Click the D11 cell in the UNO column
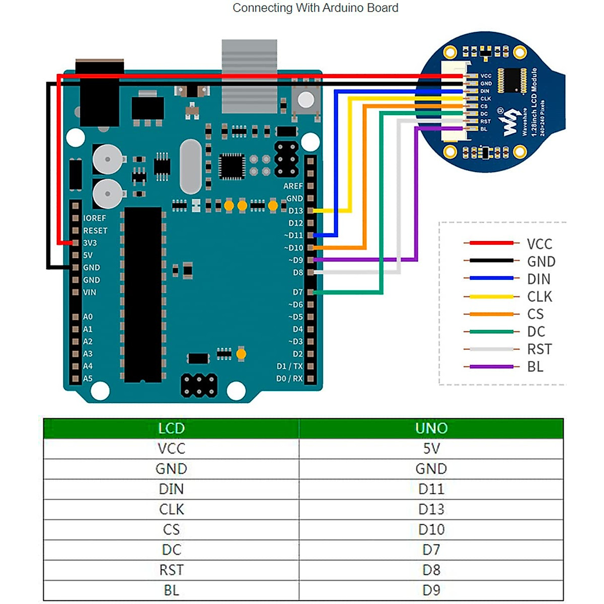pyautogui.click(x=431, y=489)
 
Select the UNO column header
pyautogui.click(x=431, y=428)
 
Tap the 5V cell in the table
pyautogui.click(x=431, y=448)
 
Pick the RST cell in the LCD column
pyautogui.click(x=171, y=570)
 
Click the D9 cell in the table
pyautogui.click(x=431, y=590)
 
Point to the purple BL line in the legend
pyautogui.click(x=491, y=367)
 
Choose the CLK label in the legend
pyautogui.click(x=540, y=296)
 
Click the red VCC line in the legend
pyautogui.click(x=491, y=243)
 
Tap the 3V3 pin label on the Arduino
pyautogui.click(x=90, y=243)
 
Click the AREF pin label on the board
pyautogui.click(x=293, y=186)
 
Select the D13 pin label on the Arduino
pyautogui.click(x=295, y=210)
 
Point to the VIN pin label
pyautogui.click(x=90, y=292)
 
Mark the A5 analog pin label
pyautogui.click(x=88, y=379)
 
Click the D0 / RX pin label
pyautogui.click(x=289, y=379)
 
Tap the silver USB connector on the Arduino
pyautogui.click(x=249, y=75)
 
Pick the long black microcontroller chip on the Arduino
pyautogui.click(x=143, y=294)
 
